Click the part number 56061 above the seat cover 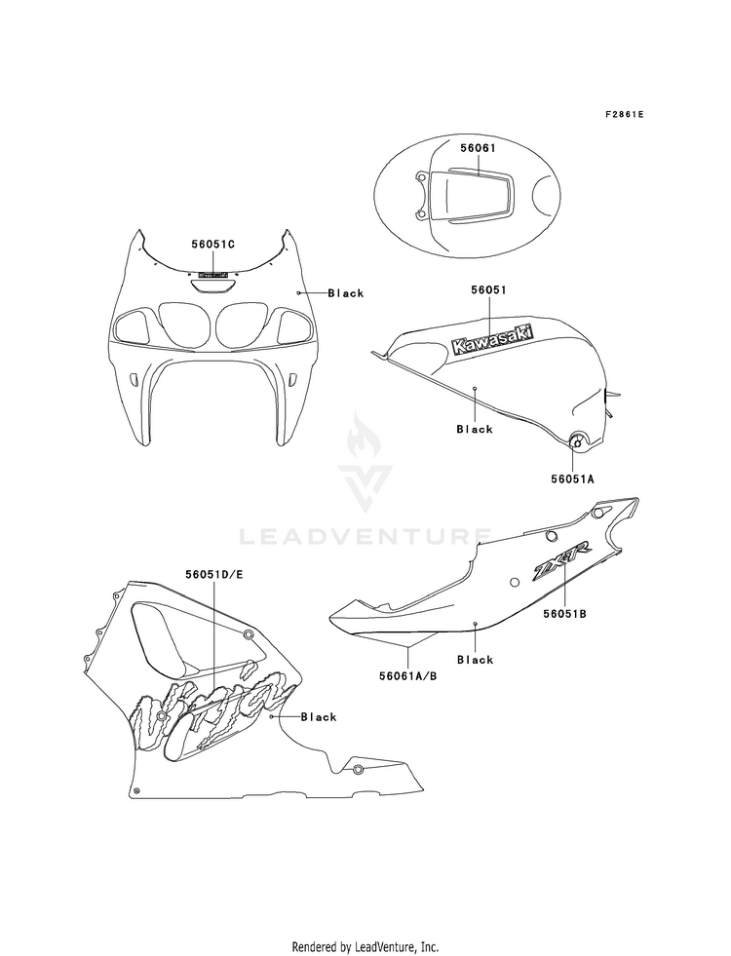coord(479,148)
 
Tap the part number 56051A coord(573,480)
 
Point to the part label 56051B coord(563,616)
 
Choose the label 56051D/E coord(212,575)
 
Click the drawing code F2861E coord(624,114)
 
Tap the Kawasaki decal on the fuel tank coord(491,337)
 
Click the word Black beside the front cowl coord(345,293)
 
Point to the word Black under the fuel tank coord(475,429)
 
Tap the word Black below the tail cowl coord(475,660)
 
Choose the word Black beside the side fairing coord(318,717)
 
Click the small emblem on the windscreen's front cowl coord(212,275)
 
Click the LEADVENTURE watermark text coord(365,534)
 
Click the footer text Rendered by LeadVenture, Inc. coord(365,919)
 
